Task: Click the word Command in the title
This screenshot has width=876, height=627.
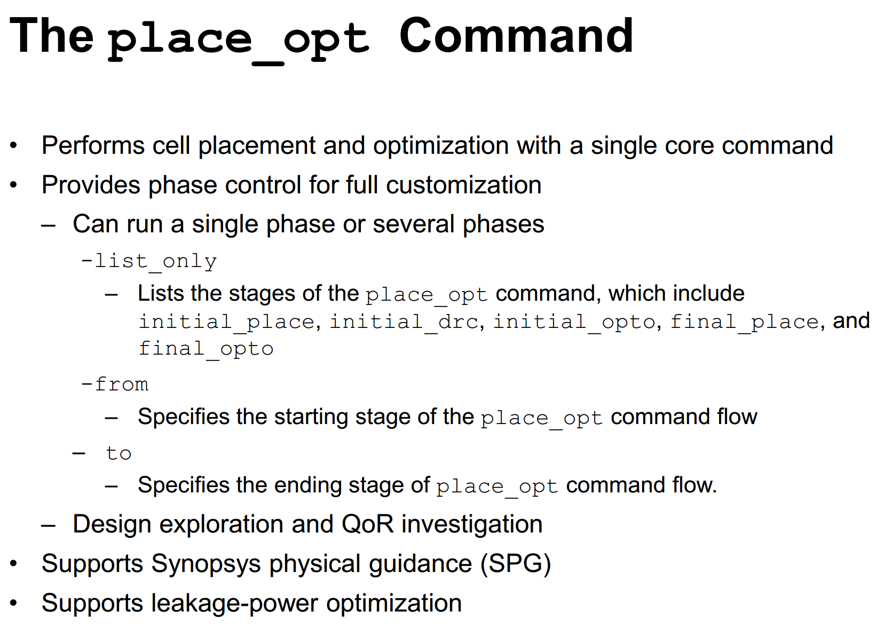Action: [x=516, y=36]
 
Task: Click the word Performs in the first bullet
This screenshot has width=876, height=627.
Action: [x=93, y=145]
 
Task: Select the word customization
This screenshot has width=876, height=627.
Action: [x=464, y=185]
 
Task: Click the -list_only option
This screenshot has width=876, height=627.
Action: [x=148, y=261]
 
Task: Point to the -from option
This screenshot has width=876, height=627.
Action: [x=115, y=383]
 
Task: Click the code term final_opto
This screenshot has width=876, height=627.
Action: [x=206, y=349]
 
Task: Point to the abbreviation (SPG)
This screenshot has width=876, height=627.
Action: [x=516, y=564]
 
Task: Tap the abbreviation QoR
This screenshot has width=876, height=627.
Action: [x=368, y=524]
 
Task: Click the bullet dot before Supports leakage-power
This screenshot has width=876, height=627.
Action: [x=14, y=603]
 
